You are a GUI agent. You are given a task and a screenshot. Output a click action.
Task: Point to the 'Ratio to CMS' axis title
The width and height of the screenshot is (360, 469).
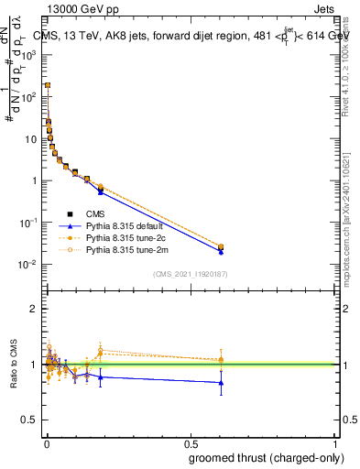[x=16, y=364]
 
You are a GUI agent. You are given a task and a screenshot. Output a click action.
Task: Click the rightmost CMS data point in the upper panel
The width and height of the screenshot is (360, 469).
[x=221, y=246]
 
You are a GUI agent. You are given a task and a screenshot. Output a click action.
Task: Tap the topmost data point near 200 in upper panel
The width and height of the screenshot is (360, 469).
[x=48, y=85]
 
